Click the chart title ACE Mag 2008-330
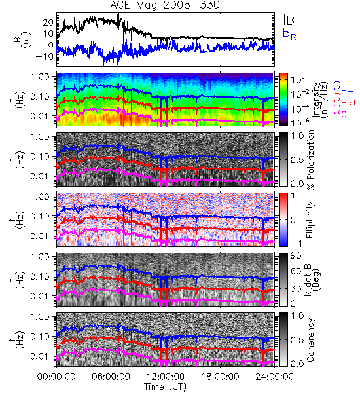point(165,5)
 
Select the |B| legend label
point(291,20)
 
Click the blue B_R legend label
point(289,34)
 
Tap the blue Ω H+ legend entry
point(343,88)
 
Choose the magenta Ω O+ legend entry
point(343,111)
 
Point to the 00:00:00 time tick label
point(56,377)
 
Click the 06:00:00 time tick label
point(111,377)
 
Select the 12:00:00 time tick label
point(166,377)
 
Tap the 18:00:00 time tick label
point(220,377)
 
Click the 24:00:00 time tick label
point(274,377)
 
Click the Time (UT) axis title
point(165,387)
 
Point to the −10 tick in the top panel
point(45,56)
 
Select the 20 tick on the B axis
point(48,22)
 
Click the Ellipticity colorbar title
point(310,219)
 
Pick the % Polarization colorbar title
point(310,160)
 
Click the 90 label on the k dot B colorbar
point(296,256)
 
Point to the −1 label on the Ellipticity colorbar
point(296,244)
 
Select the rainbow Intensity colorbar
point(283,100)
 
